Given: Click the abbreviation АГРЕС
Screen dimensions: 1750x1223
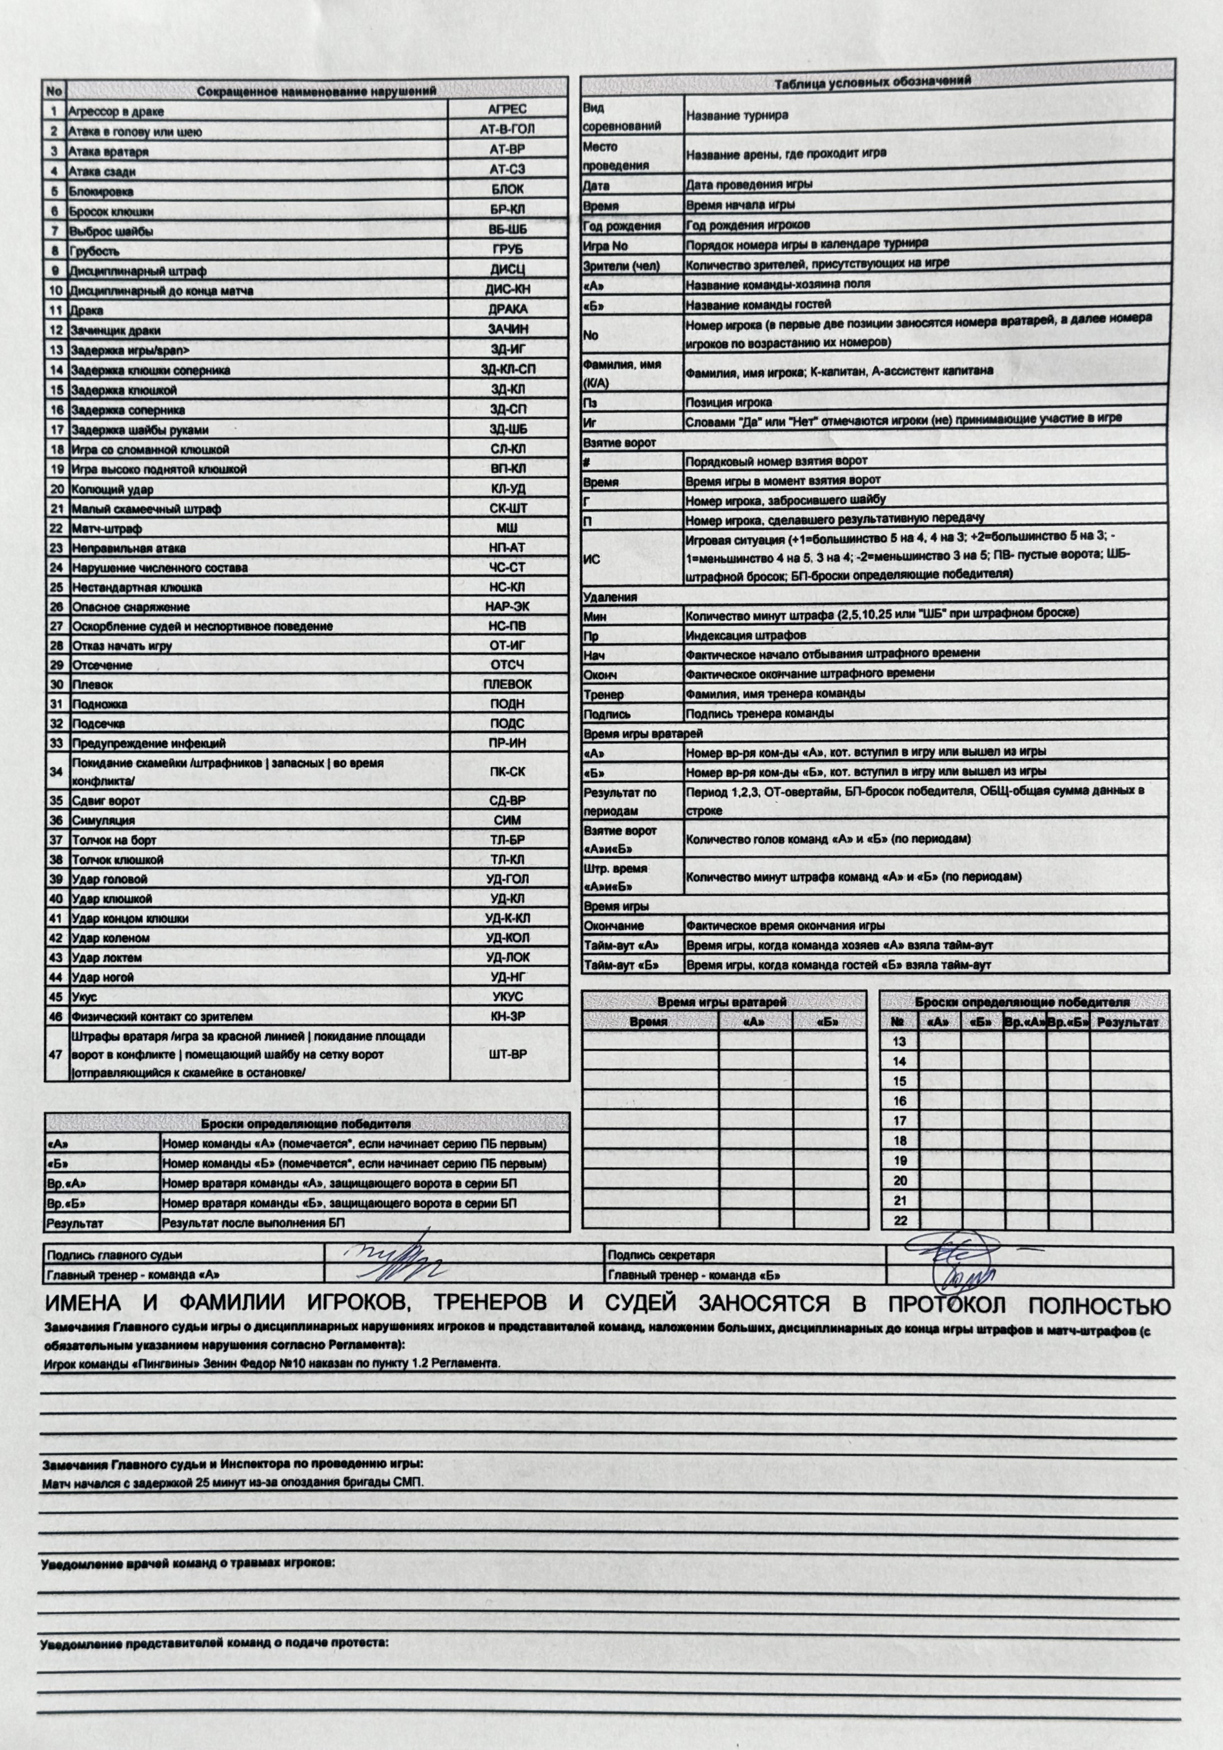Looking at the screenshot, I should (x=507, y=110).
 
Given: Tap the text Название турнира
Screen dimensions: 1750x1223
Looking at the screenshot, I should (x=737, y=116).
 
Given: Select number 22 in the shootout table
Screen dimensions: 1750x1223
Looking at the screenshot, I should (x=899, y=1220).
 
